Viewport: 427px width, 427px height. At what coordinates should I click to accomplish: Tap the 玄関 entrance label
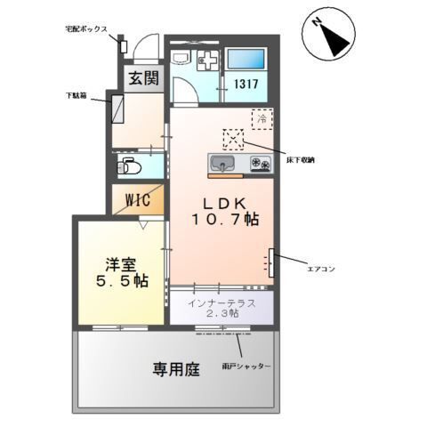141,77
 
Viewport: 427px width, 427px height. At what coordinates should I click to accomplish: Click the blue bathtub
245,60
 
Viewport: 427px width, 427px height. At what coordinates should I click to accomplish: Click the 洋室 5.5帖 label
120,271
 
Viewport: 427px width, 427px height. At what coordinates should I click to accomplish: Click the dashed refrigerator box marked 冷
262,117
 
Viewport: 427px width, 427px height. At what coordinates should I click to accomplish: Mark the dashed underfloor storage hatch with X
233,139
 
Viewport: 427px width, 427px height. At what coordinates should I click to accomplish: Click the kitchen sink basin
222,163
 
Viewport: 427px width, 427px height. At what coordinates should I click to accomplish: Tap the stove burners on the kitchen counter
260,163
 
